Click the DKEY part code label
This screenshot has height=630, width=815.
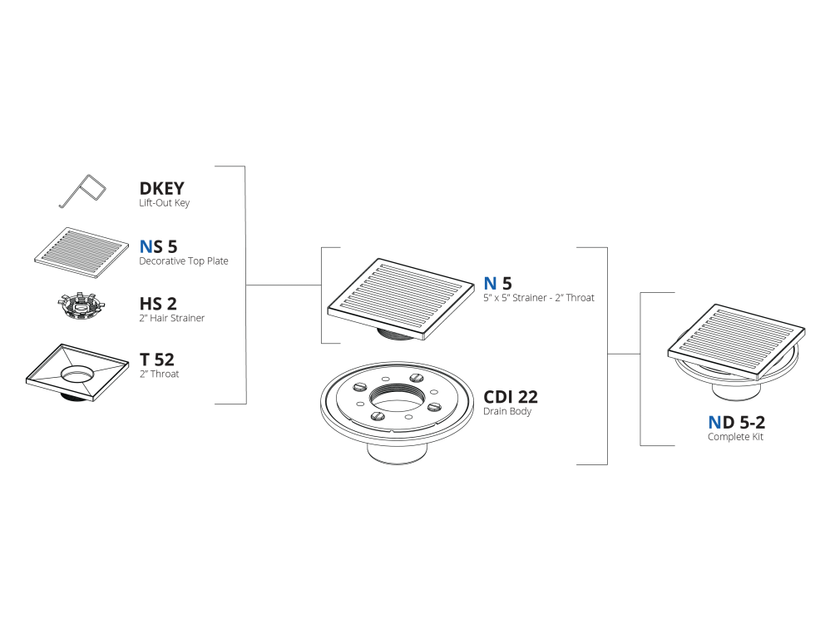161,188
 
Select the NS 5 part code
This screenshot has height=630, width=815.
159,246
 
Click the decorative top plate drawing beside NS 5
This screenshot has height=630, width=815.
81,252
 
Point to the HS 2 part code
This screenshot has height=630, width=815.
158,303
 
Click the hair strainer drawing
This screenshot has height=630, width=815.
80,307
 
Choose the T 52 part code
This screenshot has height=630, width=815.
157,360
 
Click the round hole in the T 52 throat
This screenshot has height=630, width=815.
78,374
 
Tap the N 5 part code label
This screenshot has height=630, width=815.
497,283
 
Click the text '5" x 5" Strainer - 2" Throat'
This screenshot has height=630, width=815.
539,298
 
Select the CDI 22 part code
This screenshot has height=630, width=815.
511,397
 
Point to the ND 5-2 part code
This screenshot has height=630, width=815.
737,422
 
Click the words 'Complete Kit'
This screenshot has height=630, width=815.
735,436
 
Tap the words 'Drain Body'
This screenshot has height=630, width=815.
507,411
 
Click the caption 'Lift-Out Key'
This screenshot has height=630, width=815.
165,203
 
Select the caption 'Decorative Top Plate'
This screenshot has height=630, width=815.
184,260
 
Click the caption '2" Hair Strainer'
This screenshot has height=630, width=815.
172,318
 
